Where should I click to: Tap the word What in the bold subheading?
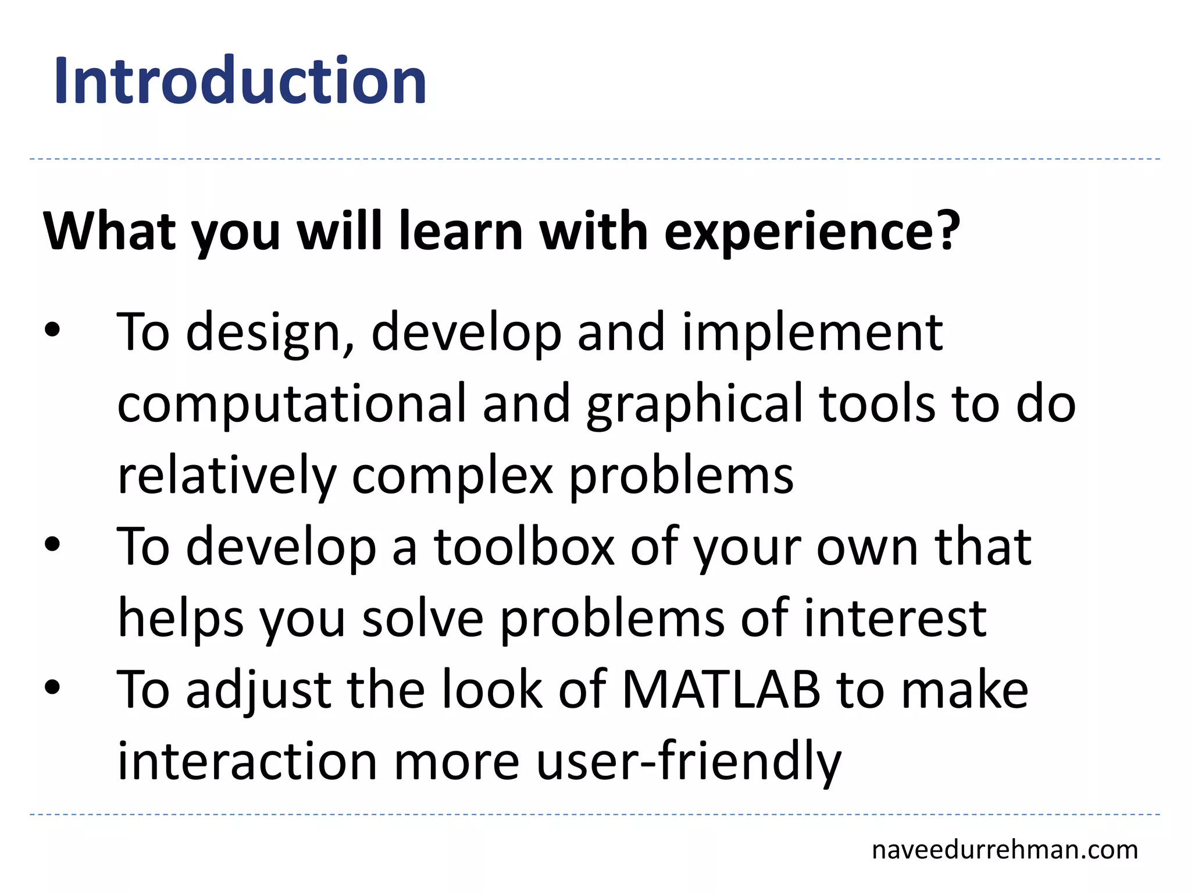coord(109,232)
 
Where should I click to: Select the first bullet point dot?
coord(52,331)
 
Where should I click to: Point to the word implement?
coord(812,333)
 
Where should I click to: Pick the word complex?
coord(452,476)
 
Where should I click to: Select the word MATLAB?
coord(721,690)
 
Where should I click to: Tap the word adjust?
coord(258,690)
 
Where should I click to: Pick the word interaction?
coord(248,761)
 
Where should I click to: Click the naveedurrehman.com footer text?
coord(1004,850)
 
